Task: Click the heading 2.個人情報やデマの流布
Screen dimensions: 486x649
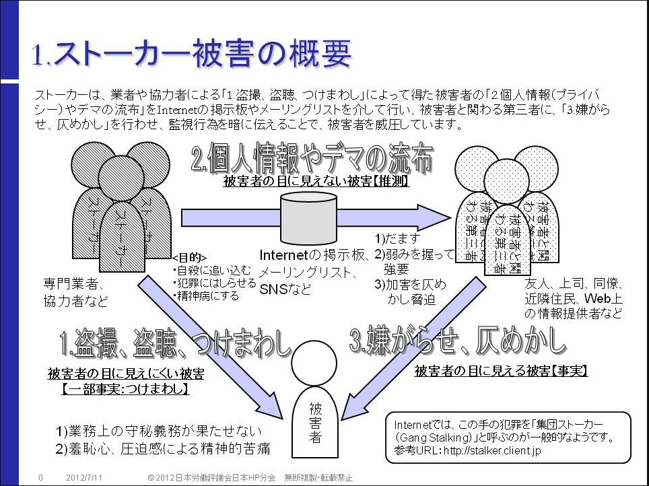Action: (x=312, y=160)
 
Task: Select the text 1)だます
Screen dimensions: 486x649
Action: (x=397, y=238)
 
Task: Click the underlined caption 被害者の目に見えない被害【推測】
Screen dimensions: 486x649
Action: (x=316, y=182)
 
